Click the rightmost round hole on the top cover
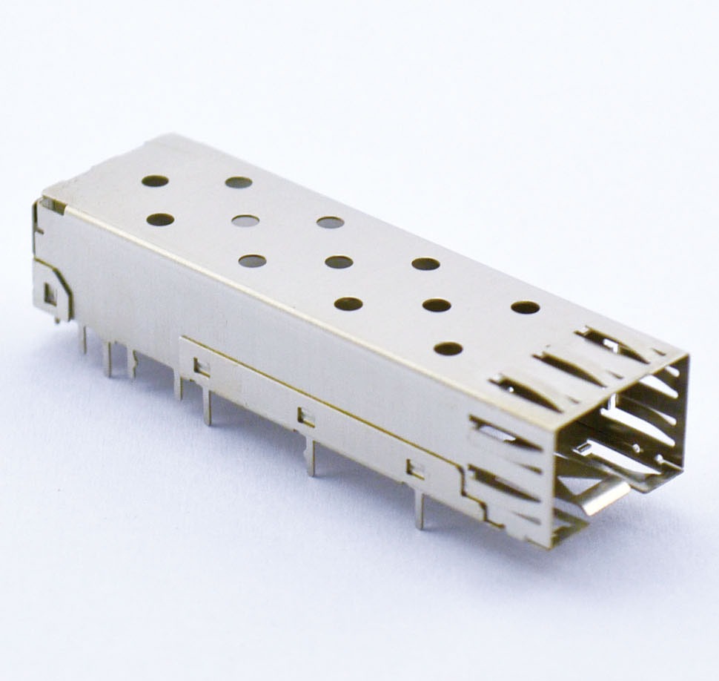pos(525,307)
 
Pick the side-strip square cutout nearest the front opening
pos(415,468)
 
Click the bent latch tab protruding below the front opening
pos(600,497)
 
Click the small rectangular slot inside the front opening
pos(586,447)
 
